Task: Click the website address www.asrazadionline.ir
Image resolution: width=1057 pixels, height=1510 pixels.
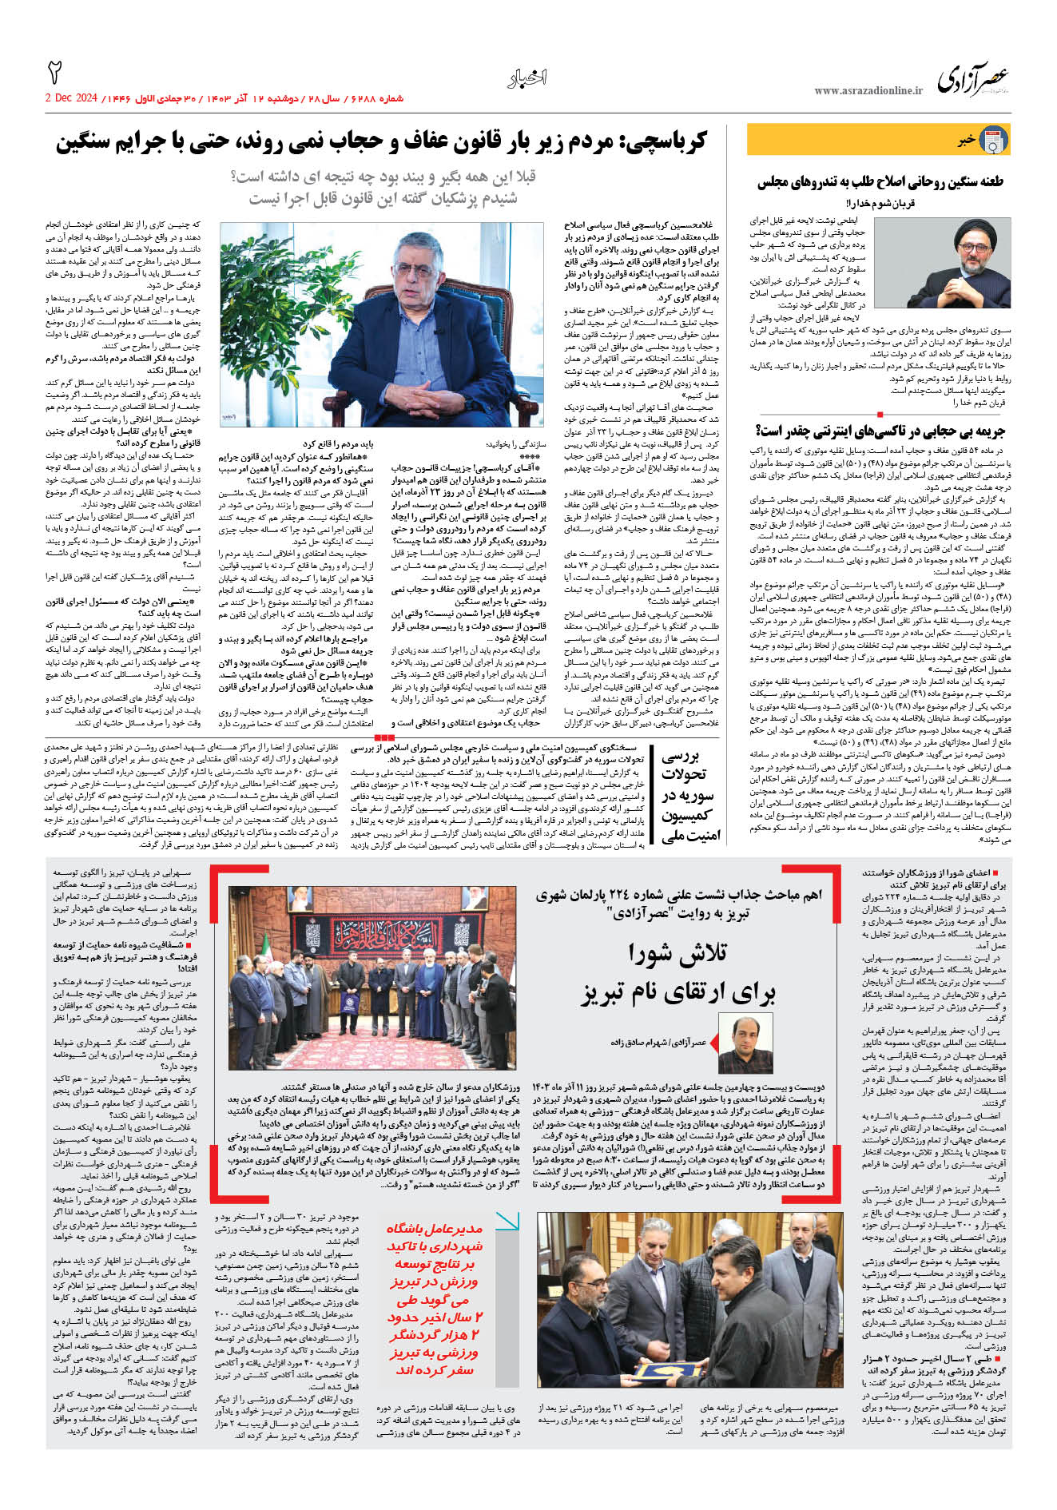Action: [x=868, y=91]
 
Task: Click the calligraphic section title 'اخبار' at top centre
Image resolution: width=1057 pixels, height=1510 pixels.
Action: [x=527, y=78]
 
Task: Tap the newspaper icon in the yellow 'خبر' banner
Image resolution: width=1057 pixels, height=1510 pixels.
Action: [x=993, y=140]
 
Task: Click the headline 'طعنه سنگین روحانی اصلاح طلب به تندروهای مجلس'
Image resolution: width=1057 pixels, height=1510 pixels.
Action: [x=880, y=182]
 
